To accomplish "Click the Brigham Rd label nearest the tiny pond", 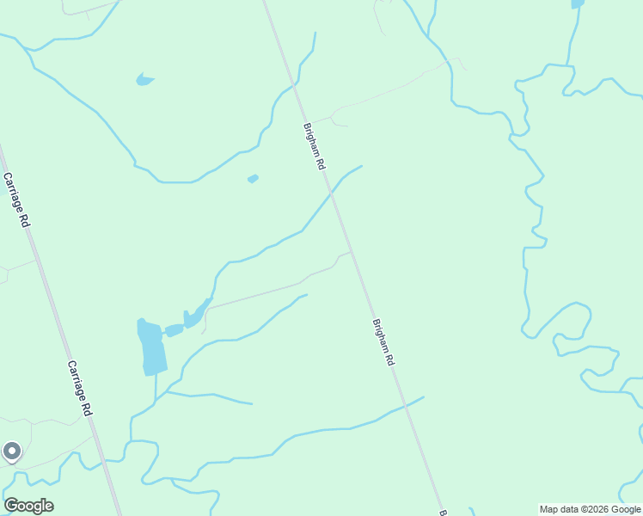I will (x=315, y=145).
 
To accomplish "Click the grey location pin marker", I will (x=12, y=451).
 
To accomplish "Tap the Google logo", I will (x=28, y=506).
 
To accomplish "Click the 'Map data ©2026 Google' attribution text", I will (x=590, y=510).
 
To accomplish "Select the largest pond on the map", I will (x=151, y=347).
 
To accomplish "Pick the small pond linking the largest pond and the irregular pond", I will (x=173, y=330).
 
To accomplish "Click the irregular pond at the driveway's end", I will (x=196, y=315).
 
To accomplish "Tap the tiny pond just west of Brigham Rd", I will (x=253, y=179).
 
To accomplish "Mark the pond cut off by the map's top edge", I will (x=578, y=4).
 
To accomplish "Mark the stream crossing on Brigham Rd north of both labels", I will (x=296, y=87).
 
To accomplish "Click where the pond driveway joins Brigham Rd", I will (x=351, y=251).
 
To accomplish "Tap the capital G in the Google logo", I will (x=12, y=506).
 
